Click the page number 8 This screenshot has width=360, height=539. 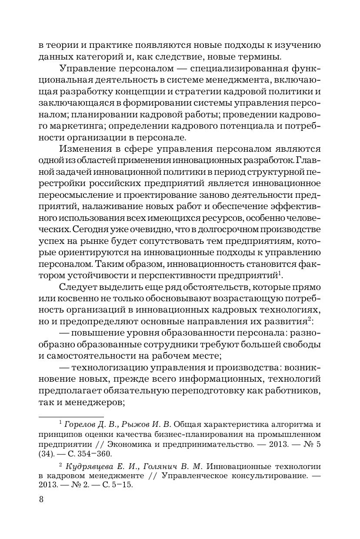(41, 499)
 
